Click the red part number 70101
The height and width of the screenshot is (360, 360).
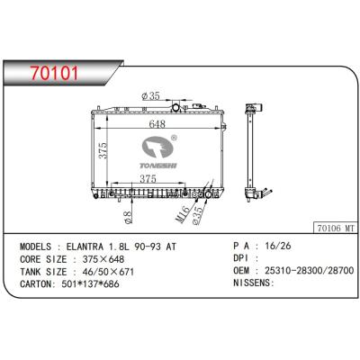coord(55,73)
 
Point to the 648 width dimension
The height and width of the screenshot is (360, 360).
coord(157,123)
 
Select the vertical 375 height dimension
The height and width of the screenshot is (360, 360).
coord(103,150)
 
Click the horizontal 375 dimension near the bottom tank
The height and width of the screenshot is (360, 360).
coord(148,178)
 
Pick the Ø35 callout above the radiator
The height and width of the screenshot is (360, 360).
coord(150,96)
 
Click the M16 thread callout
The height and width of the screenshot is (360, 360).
coord(183,214)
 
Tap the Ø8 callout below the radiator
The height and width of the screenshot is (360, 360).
coord(129,217)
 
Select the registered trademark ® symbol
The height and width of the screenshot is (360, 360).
coord(174,138)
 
